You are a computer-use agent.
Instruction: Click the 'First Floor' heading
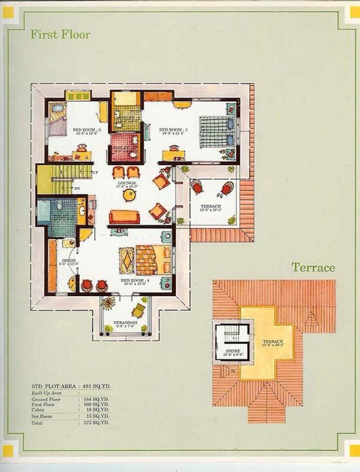pyautogui.click(x=60, y=34)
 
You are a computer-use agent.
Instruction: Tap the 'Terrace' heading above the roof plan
pyautogui.click(x=313, y=267)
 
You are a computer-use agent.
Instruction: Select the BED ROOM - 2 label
pyautogui.click(x=86, y=130)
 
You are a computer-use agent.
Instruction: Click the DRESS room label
pyautogui.click(x=65, y=261)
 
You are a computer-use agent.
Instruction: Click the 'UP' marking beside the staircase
pyautogui.click(x=95, y=172)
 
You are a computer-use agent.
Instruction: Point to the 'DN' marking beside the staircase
pyautogui.click(x=76, y=188)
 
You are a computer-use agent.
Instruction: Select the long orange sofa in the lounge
pyautogui.click(x=124, y=217)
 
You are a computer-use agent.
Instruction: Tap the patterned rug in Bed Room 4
pyautogui.click(x=127, y=261)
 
